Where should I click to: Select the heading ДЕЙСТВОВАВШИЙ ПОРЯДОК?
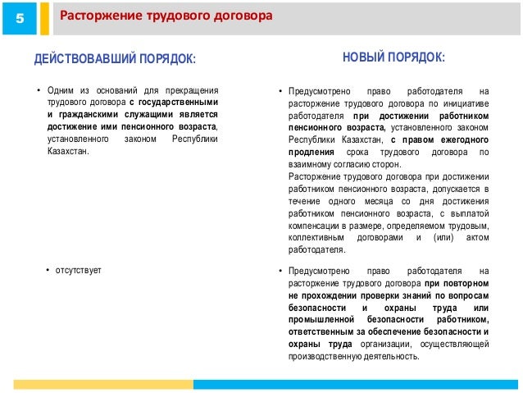pyautogui.click(x=116, y=59)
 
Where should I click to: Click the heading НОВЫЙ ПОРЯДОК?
pyautogui.click(x=394, y=57)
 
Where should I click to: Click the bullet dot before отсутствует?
pyautogui.click(x=48, y=270)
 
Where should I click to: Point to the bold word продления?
pyautogui.click(x=312, y=153)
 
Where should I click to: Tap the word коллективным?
pyautogui.click(x=317, y=237)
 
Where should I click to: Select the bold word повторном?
pyautogui.click(x=470, y=282)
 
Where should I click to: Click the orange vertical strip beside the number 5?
pyautogui.click(x=44, y=18)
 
